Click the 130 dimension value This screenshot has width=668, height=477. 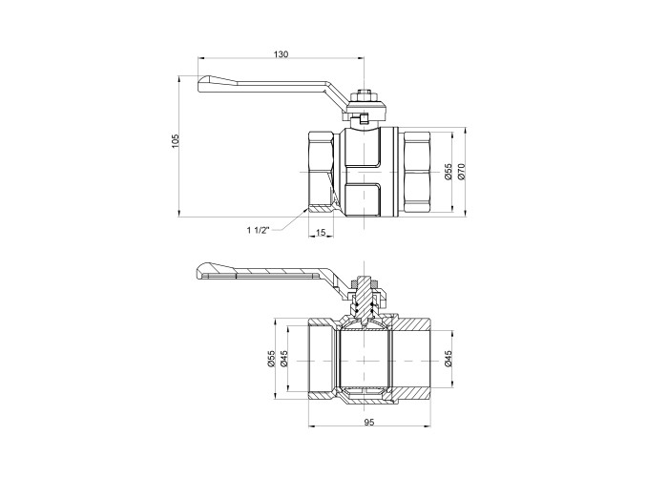[x=281, y=54]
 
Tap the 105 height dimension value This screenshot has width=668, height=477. [x=176, y=141]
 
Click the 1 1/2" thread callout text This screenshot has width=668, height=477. [x=259, y=231]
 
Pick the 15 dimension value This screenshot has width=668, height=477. [x=321, y=232]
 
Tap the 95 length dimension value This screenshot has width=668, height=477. [x=369, y=422]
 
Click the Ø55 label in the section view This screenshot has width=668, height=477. [x=271, y=358]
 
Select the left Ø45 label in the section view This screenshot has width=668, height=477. [x=284, y=358]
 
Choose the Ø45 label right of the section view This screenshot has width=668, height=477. [x=448, y=358]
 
